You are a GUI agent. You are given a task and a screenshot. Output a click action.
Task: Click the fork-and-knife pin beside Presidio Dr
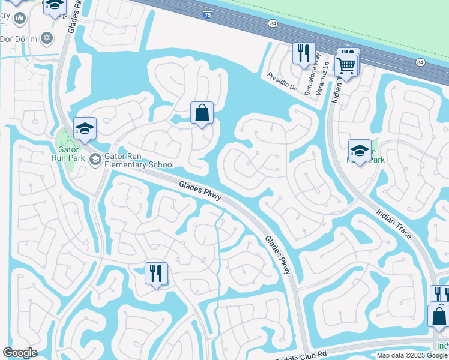pos(304,53)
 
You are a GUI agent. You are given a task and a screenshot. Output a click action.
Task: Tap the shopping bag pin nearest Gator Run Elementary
pos(202,113)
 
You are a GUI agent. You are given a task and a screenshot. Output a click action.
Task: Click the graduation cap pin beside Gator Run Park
pos(85,128)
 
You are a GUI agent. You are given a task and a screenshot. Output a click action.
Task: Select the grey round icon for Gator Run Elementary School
pos(95,159)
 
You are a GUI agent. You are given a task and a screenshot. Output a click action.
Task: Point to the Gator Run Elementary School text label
pos(139,160)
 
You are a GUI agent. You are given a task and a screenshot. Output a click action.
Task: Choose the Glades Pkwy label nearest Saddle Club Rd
pos(277,254)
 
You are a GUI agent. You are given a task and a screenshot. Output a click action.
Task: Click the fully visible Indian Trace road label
pos(394,223)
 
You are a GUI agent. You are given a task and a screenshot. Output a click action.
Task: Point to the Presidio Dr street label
pos(285,82)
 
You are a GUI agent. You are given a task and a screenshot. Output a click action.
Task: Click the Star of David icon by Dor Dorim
pos(47,38)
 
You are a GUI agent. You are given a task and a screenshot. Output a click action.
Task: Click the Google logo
pos(20,353)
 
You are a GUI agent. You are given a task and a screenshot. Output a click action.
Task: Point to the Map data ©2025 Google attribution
pos(412,355)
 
